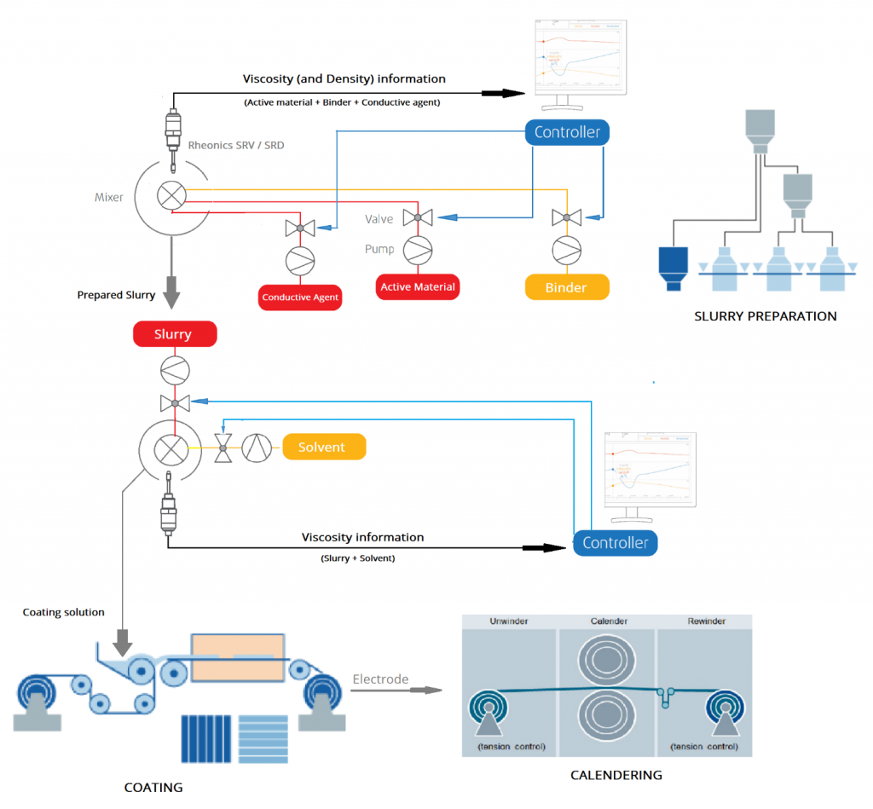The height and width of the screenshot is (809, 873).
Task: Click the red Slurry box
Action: pyautogui.click(x=175, y=334)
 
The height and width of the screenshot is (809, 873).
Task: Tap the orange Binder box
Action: pyautogui.click(x=566, y=287)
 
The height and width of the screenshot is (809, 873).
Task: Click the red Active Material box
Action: pyautogui.click(x=418, y=286)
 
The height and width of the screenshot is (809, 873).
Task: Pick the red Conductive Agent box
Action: pyautogui.click(x=300, y=298)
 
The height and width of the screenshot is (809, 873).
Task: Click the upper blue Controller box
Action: pyautogui.click(x=567, y=132)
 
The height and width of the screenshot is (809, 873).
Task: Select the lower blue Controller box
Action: pyautogui.click(x=615, y=543)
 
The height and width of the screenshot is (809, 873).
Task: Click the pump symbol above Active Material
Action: pyautogui.click(x=418, y=249)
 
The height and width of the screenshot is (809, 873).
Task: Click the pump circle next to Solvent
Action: pyautogui.click(x=256, y=447)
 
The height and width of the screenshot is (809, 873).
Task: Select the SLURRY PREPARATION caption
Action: pyautogui.click(x=765, y=316)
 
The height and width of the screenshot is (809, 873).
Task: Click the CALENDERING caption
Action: pyautogui.click(x=616, y=775)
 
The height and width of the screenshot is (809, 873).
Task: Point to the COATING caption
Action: pyautogui.click(x=153, y=787)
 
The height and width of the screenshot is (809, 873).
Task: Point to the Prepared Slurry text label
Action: pyautogui.click(x=116, y=295)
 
